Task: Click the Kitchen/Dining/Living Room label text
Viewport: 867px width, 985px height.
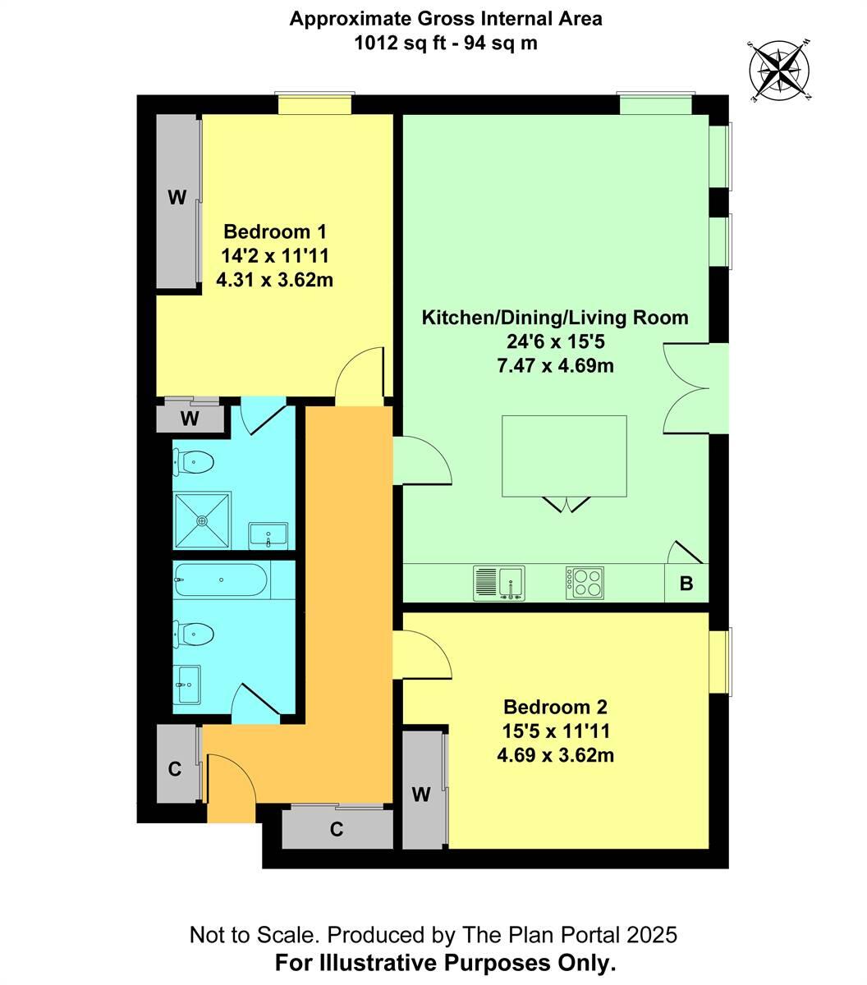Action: [555, 318]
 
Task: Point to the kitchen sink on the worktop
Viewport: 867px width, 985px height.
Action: [500, 583]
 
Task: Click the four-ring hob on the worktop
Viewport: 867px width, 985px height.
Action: [583, 582]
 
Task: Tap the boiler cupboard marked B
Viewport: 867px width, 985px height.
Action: [686, 584]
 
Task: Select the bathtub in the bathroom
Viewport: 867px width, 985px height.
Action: [220, 580]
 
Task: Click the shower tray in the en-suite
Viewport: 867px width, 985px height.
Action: [202, 520]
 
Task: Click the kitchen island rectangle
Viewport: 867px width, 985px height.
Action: [565, 457]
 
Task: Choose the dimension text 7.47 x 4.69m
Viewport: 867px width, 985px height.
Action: [555, 365]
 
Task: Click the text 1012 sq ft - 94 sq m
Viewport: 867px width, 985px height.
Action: [446, 43]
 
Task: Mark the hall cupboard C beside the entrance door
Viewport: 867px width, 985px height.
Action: [175, 768]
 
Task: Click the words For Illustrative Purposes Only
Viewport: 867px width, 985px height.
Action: [446, 962]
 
